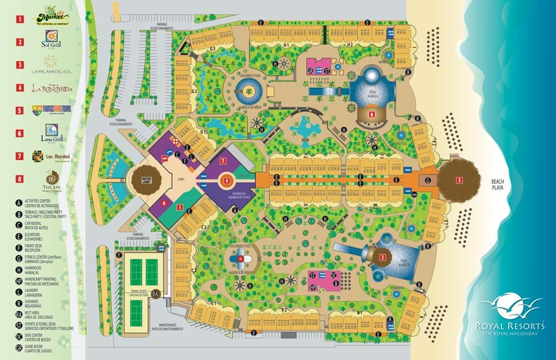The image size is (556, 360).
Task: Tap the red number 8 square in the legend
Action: (x=20, y=179)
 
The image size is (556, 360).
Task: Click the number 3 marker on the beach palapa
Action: (x=459, y=180)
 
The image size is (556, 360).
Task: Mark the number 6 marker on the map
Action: (x=371, y=115)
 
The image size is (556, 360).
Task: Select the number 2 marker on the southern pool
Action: (x=382, y=258)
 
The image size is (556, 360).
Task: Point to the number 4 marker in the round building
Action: (x=226, y=180)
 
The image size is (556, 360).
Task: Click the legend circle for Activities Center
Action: (x=19, y=203)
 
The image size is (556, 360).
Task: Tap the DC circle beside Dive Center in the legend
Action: (x=19, y=337)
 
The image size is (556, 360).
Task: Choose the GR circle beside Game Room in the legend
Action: (x=19, y=348)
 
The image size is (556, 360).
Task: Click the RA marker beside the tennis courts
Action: (x=156, y=293)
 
